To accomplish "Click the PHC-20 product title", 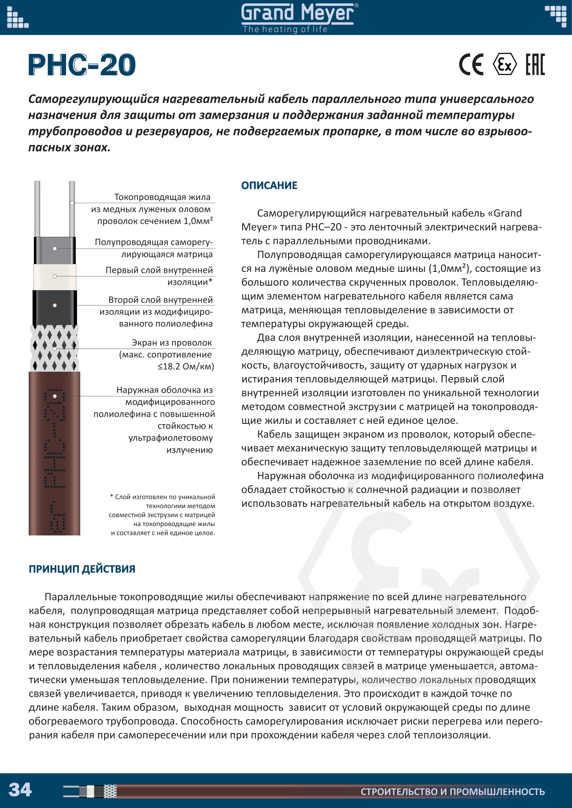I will pyautogui.click(x=82, y=65).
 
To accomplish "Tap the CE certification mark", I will pyautogui.click(x=471, y=64).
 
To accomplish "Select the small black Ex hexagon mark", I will pyautogui.click(x=505, y=64).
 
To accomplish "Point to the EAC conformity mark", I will pyautogui.click(x=535, y=64).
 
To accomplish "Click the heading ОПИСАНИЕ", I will pyautogui.click(x=269, y=186).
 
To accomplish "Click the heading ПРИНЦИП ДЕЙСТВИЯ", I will pyautogui.click(x=82, y=569).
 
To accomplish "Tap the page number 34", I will pyautogui.click(x=20, y=789).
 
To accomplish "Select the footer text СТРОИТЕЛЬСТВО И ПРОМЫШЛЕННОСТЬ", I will pyautogui.click(x=453, y=792).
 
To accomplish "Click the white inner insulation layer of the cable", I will pyautogui.click(x=55, y=276).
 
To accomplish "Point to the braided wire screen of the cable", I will pyautogui.click(x=55, y=349).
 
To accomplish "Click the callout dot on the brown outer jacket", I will pyautogui.click(x=55, y=396).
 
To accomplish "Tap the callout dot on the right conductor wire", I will pyautogui.click(x=72, y=203).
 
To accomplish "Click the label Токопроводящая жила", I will pyautogui.click(x=163, y=197).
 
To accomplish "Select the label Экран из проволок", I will pyautogui.click(x=172, y=343).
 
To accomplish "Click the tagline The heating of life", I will pyautogui.click(x=285, y=29).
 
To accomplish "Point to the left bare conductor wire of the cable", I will pyautogui.click(x=37, y=208).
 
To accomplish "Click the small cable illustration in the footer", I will pyautogui.click(x=90, y=791).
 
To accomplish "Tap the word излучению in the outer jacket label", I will pyautogui.click(x=190, y=450).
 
